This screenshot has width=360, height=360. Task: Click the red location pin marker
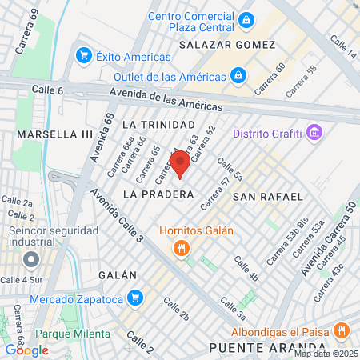click(x=180, y=165)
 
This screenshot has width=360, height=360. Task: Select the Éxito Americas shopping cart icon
click(x=83, y=56)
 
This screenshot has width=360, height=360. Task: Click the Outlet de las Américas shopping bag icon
click(x=238, y=75)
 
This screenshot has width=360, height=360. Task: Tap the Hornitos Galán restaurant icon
click(x=182, y=248)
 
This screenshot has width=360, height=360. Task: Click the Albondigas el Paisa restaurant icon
click(x=342, y=330)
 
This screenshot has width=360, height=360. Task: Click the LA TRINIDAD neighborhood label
click(x=158, y=125)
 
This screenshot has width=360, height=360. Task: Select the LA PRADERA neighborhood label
click(x=158, y=194)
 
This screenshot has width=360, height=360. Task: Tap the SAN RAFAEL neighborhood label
click(x=268, y=196)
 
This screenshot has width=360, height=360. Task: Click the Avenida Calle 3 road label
click(x=118, y=216)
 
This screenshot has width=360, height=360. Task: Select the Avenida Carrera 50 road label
click(x=331, y=238)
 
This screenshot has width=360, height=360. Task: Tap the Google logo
click(x=27, y=350)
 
